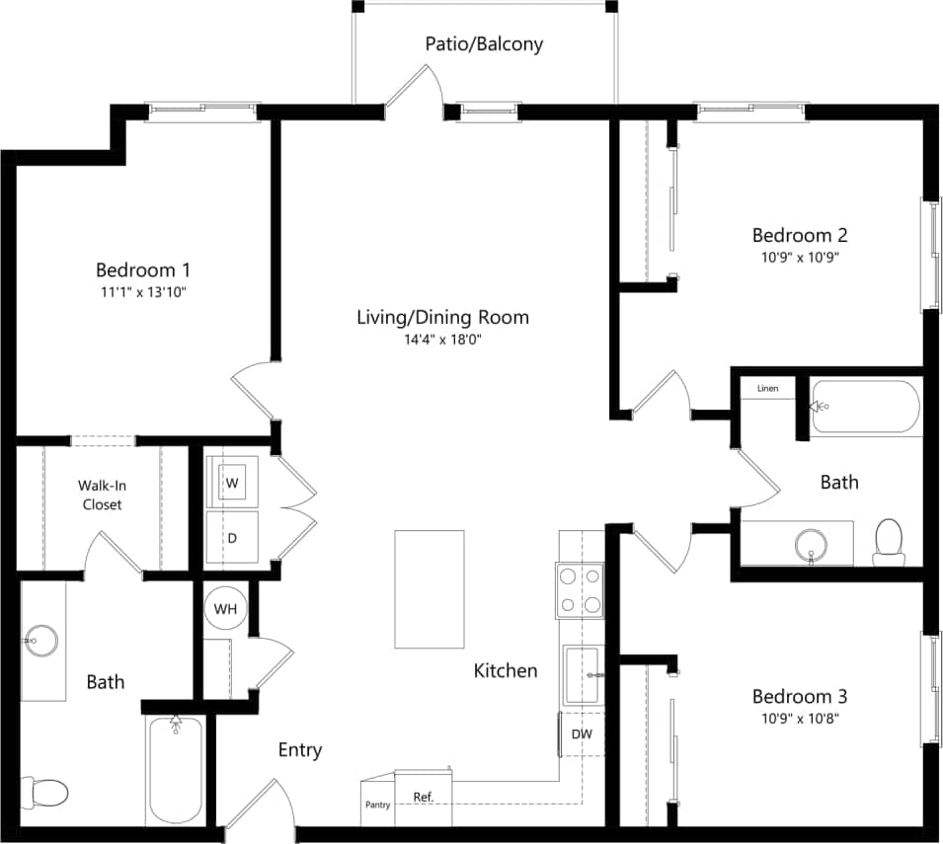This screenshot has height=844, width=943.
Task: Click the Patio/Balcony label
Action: point(484,44)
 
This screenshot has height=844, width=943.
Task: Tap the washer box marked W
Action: point(232,483)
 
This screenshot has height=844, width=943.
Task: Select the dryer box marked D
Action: point(232,538)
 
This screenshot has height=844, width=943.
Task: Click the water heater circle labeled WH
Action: point(226,609)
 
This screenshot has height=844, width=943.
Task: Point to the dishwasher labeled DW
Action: point(582,734)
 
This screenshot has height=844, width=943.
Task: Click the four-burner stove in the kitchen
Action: point(581,590)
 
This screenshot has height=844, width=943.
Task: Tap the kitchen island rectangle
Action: point(430,589)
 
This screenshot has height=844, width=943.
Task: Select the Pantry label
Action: point(377,805)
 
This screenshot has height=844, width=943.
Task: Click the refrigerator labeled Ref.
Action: point(423,797)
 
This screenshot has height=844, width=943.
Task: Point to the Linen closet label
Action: point(768,389)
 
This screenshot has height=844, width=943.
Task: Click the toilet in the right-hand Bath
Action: point(889,542)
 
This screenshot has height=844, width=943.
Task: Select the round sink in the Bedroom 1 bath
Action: point(42,641)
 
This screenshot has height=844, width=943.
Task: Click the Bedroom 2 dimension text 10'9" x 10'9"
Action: point(800,257)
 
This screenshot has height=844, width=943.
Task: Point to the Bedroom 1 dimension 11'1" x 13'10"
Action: point(142,292)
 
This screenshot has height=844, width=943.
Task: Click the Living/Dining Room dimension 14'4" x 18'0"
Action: point(442,340)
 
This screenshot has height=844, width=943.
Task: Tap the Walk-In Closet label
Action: point(103,496)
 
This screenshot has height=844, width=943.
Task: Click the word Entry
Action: point(299,750)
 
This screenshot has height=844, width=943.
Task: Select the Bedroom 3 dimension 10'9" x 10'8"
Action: point(800,719)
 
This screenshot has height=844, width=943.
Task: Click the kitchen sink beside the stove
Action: point(582,675)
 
